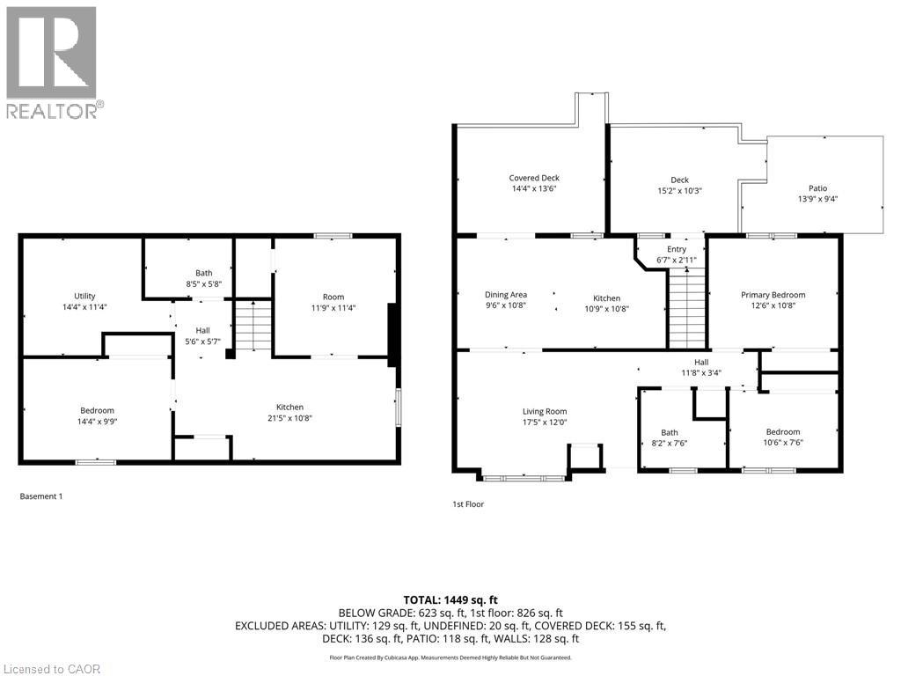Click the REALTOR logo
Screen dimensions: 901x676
coord(55,62)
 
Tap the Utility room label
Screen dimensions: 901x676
coord(84,296)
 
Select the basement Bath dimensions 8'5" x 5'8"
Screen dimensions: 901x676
coord(203,284)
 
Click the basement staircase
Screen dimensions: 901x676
coord(253,326)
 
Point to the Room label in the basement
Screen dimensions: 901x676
coord(333,297)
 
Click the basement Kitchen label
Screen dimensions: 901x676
coord(289,407)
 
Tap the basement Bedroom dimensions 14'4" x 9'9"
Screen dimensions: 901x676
coord(97,422)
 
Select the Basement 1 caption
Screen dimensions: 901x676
coord(41,496)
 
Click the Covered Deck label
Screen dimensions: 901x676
coord(534,178)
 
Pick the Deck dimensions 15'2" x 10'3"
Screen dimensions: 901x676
coord(680,191)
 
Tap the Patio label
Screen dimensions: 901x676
coord(817,188)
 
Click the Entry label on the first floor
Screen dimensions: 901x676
coord(677,249)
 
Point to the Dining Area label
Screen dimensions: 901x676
coord(506,295)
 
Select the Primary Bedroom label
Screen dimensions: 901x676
coord(773,295)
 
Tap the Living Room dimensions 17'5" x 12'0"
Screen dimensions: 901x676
coord(545,422)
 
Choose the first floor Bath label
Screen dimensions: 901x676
coord(670,432)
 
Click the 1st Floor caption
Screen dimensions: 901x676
coord(468,504)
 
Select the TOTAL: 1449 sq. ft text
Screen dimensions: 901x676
coord(450,600)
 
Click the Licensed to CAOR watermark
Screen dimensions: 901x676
coord(52,669)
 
